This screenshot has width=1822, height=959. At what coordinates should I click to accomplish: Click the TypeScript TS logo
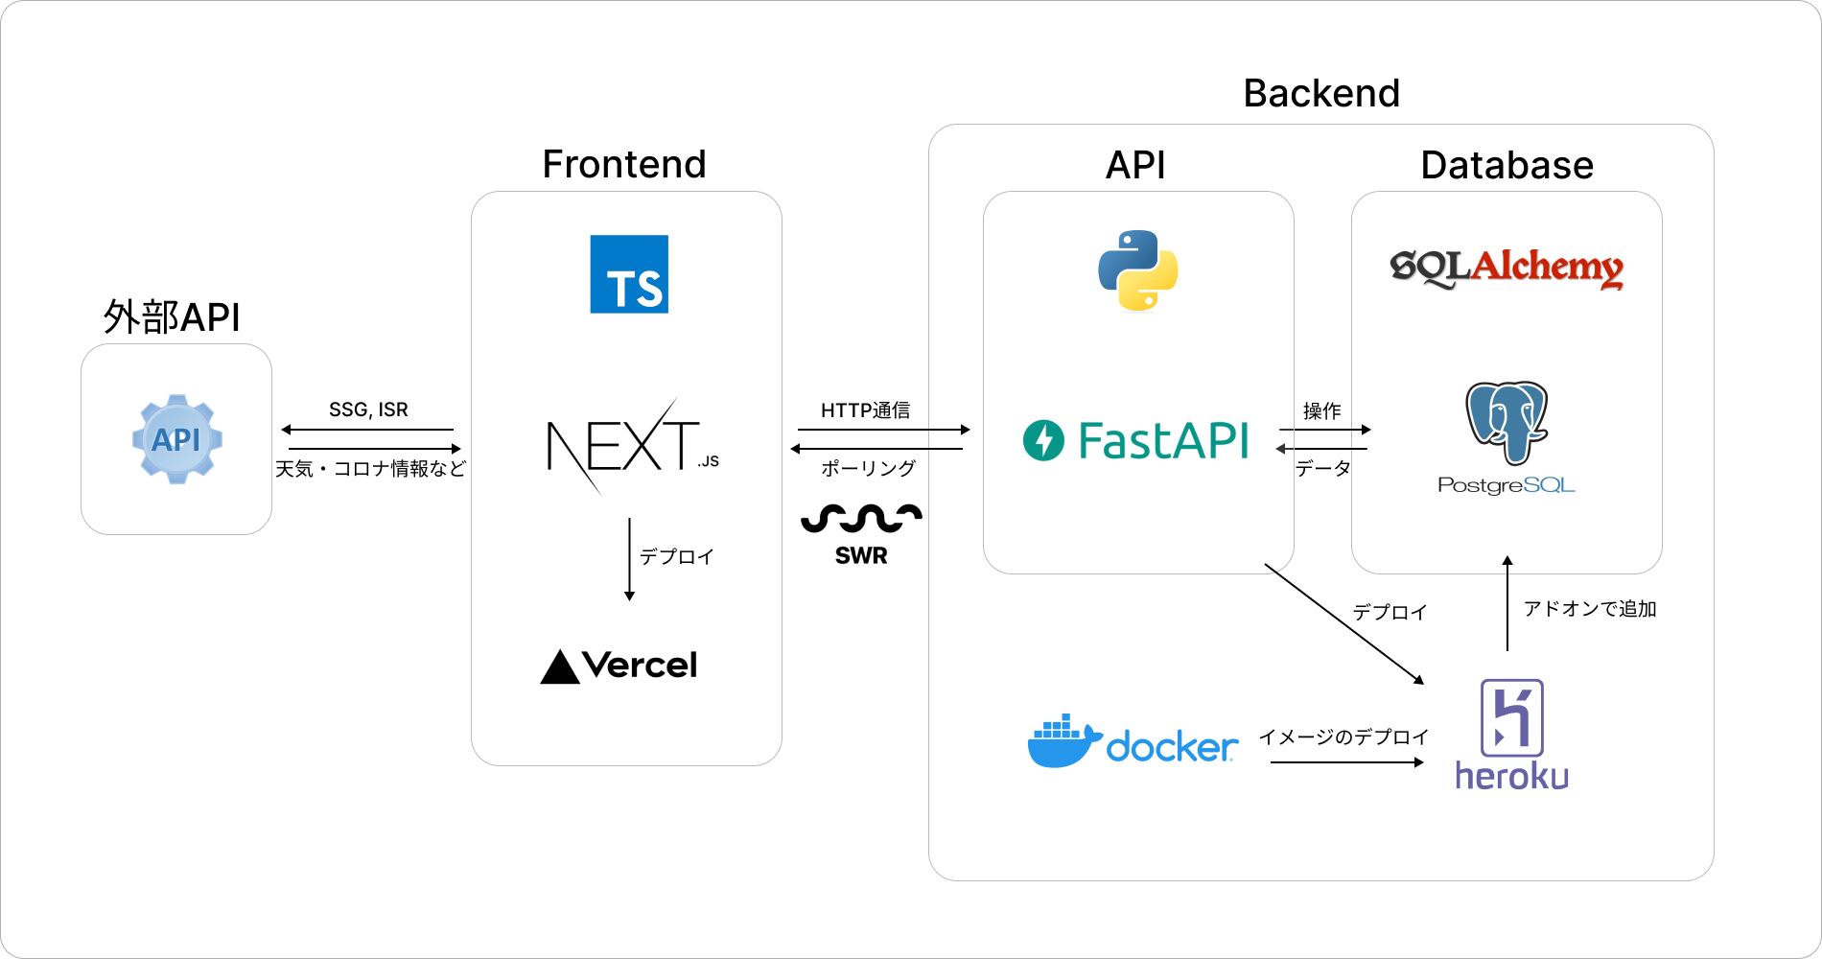[x=629, y=274]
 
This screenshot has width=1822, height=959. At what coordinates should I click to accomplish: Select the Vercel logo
[x=619, y=666]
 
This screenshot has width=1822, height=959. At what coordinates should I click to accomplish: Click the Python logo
[x=1138, y=270]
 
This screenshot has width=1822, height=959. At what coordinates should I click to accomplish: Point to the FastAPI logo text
[x=1162, y=441]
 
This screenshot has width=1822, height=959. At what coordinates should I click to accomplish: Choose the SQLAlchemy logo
[x=1507, y=268]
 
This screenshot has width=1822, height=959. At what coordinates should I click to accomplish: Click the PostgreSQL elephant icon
[x=1507, y=422]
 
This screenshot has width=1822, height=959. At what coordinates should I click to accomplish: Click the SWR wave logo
[x=861, y=519]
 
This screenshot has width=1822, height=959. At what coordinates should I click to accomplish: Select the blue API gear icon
[x=176, y=439]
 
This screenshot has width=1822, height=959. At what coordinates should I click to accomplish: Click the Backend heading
[x=1321, y=94]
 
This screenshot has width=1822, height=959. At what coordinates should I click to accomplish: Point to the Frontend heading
[x=624, y=164]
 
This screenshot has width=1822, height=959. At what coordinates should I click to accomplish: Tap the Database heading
[x=1507, y=165]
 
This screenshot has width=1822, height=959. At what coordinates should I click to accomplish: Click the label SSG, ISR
[x=368, y=409]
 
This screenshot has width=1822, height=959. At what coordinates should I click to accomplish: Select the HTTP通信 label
[x=865, y=410]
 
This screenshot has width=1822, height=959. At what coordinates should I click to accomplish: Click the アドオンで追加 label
[x=1590, y=609]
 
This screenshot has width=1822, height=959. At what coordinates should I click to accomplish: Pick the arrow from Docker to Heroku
[x=1346, y=762]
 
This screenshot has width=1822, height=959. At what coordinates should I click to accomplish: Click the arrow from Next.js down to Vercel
[x=629, y=559]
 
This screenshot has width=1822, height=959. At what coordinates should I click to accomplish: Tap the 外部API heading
[x=172, y=317]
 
